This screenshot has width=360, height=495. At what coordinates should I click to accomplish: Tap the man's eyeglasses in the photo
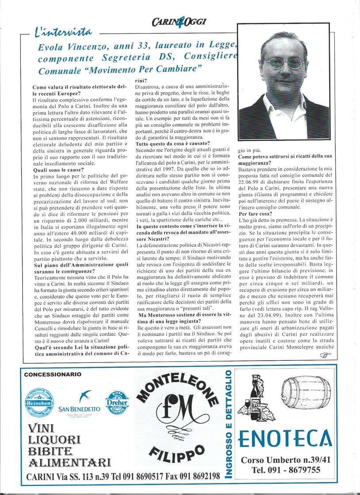[x=284, y=62]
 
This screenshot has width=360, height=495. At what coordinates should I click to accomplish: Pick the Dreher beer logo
[x=117, y=402]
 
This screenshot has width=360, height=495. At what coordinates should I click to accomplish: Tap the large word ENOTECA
[x=285, y=438]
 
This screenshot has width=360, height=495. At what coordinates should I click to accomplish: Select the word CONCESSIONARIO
[x=53, y=374]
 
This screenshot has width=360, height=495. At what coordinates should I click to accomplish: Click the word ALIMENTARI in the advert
[x=69, y=463]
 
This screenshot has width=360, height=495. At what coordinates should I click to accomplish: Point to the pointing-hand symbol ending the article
[x=324, y=355]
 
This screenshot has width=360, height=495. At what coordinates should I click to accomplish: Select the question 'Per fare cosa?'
[x=255, y=214]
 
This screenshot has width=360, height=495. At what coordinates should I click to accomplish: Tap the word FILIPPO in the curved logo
[x=177, y=452]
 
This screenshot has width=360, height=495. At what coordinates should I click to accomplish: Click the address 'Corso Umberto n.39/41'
[x=286, y=460]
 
